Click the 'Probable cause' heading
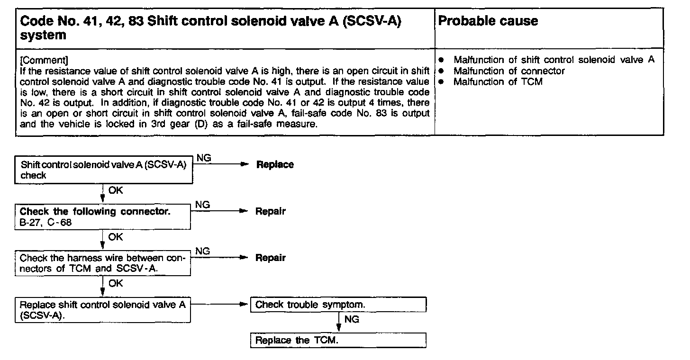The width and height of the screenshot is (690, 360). point(488,21)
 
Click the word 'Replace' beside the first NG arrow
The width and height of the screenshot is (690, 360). point(275,165)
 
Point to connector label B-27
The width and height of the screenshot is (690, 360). point(30,222)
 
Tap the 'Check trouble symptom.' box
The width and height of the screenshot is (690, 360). point(338,305)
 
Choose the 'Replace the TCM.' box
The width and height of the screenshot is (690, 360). point(338,340)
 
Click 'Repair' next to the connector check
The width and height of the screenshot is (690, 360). point(271,211)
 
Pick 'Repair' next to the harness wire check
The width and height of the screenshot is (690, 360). point(271,258)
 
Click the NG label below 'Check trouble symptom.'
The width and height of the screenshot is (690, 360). point(352,320)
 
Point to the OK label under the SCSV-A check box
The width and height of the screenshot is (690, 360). point(116,190)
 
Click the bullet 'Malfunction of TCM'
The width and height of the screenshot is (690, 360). point(498,82)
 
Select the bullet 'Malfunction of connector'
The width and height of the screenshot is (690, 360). point(509,71)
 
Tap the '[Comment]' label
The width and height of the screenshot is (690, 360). point(44,61)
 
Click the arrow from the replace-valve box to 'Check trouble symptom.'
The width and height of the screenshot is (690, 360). point(220,305)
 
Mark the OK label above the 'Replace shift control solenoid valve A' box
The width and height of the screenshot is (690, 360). point(116,283)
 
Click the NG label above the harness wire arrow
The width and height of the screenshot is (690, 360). point(202,251)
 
